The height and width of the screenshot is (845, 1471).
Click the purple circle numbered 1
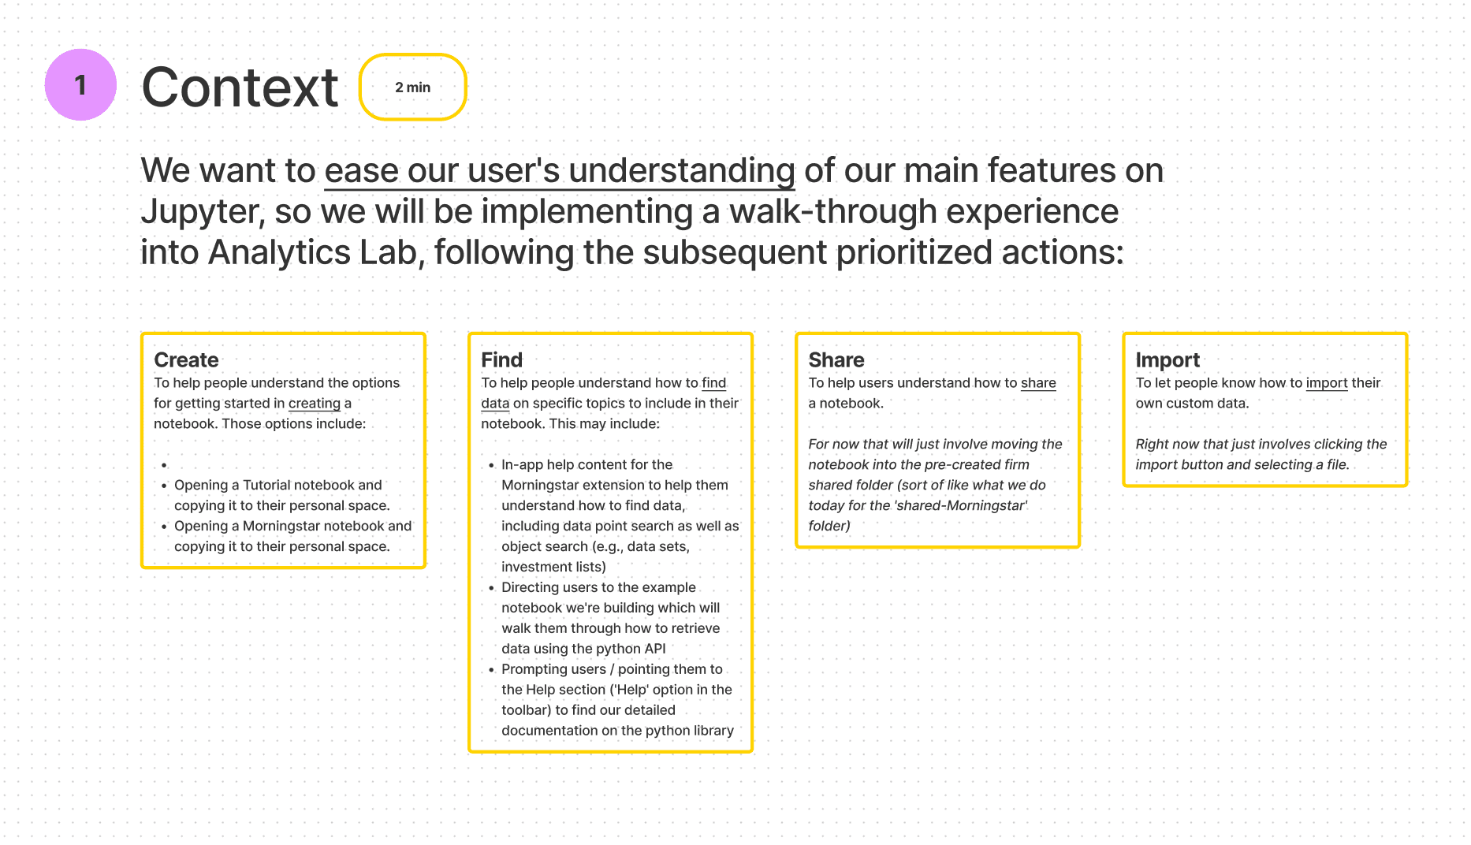(80, 85)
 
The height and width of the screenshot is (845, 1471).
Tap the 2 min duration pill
(413, 87)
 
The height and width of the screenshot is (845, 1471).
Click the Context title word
(240, 87)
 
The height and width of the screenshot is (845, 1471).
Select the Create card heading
(186, 360)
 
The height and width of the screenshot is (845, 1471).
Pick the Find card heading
(502, 360)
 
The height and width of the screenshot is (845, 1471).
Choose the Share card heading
(836, 360)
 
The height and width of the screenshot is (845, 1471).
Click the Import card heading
(1167, 360)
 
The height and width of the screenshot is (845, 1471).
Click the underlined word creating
(315, 404)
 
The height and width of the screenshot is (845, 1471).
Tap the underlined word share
(1038, 383)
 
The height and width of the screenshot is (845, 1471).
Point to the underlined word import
(1327, 383)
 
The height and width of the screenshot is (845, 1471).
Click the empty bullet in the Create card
(164, 466)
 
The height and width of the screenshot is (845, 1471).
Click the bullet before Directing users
(491, 588)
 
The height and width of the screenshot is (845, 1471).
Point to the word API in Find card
(655, 649)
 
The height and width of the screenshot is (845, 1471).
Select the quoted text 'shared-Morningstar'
(961, 506)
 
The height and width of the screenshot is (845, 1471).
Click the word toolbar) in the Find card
(527, 710)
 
